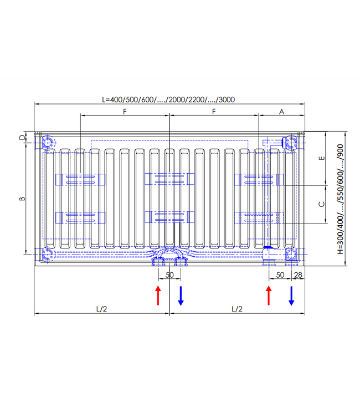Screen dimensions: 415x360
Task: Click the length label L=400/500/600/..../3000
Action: (168, 100)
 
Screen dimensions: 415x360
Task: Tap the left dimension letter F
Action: (125, 112)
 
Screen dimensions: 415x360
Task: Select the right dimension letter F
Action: (214, 112)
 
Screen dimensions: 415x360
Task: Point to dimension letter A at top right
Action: (281, 112)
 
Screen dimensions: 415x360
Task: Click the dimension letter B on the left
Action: (22, 198)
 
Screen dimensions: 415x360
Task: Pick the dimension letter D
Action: (22, 137)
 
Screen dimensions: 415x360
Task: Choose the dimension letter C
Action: (321, 204)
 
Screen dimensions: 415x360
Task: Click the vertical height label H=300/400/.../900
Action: (341, 198)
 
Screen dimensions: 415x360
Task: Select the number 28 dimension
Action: (298, 275)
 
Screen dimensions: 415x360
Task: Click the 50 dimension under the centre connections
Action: (169, 275)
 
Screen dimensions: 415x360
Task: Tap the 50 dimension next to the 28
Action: (280, 275)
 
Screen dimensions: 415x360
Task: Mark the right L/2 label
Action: (236, 309)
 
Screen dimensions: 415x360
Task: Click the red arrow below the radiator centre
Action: (158, 295)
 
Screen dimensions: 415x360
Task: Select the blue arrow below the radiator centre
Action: (181, 295)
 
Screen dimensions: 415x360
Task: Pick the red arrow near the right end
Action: (269, 295)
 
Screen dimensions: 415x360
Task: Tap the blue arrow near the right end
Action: (291, 295)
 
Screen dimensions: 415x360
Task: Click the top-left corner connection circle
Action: (48, 143)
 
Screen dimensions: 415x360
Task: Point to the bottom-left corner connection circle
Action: (48, 254)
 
